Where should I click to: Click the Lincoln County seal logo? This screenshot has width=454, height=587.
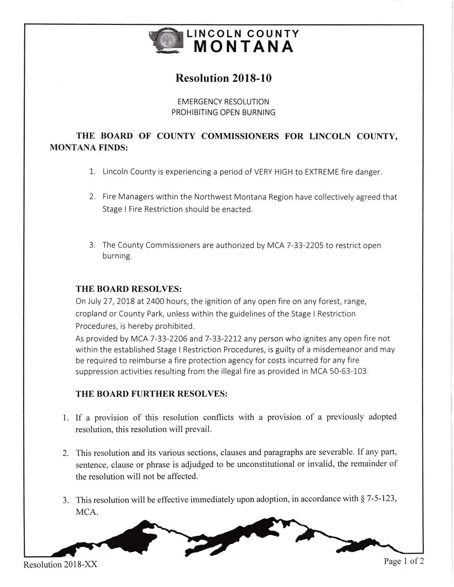166,42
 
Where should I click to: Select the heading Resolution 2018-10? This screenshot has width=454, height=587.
223,78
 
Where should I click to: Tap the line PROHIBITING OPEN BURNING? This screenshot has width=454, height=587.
223,112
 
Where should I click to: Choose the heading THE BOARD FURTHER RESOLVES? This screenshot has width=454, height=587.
151,394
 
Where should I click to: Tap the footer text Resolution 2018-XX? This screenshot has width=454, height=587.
60,565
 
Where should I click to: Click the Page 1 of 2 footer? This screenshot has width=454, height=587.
404,562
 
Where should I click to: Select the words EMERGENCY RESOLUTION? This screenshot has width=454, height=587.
223,102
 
